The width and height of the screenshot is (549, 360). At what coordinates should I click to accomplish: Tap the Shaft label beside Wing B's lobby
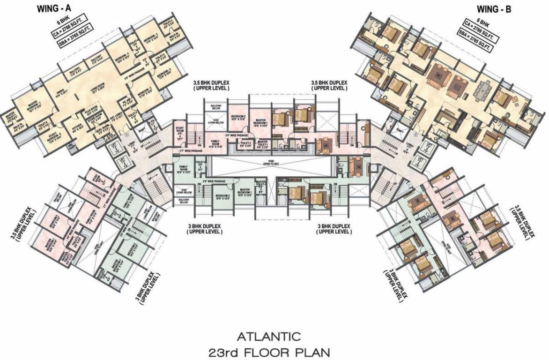click(x=400, y=131)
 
